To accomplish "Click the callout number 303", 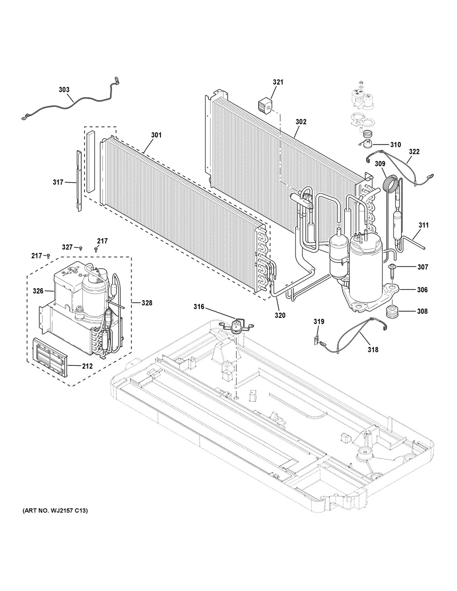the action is click(x=64, y=90).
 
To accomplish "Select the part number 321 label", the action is click(x=278, y=82).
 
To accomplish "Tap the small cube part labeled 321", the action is click(x=265, y=106).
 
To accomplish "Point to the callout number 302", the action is click(x=301, y=121).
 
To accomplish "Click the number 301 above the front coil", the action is click(x=156, y=135).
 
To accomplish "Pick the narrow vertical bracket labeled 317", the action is click(x=79, y=180).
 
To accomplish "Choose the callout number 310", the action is click(x=395, y=145).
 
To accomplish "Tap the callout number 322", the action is click(x=414, y=152).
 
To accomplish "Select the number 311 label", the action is click(x=424, y=225).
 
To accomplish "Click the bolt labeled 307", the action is click(x=393, y=271).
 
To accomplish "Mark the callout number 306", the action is click(x=422, y=290).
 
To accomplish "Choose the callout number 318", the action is click(x=373, y=349).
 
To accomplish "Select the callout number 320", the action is click(x=280, y=315).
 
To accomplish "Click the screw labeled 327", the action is click(x=80, y=248).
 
